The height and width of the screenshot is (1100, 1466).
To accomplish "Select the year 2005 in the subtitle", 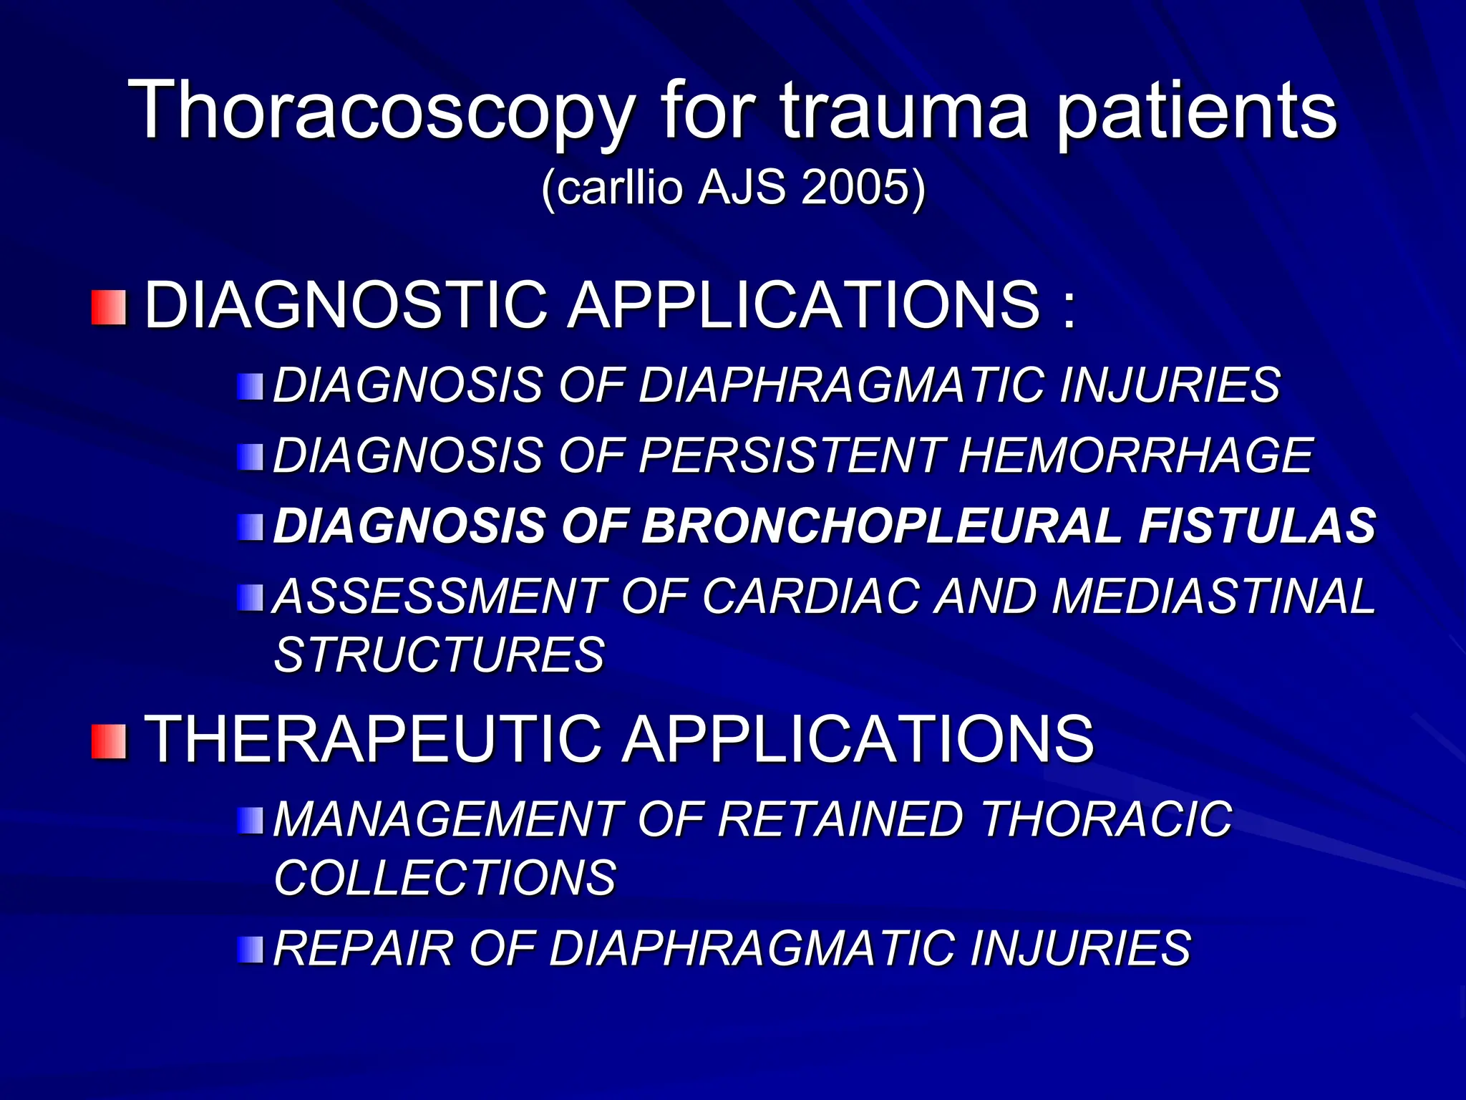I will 855,188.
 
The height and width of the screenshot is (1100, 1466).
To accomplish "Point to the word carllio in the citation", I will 618,188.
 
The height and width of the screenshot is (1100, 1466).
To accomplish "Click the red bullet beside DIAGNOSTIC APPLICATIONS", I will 109,307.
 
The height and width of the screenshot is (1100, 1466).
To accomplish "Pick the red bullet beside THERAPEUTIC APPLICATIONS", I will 109,740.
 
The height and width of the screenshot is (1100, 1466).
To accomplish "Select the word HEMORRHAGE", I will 1135,455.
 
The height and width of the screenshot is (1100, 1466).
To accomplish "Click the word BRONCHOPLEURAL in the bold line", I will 881,526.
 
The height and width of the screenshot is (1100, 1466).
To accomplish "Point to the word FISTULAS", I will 1257,526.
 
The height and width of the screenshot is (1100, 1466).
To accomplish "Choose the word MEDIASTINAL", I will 1213,596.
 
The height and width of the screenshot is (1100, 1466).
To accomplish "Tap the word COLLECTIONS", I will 445,877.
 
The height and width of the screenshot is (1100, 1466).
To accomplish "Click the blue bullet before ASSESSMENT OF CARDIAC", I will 251,597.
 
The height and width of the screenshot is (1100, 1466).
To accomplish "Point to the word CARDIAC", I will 810,596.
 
